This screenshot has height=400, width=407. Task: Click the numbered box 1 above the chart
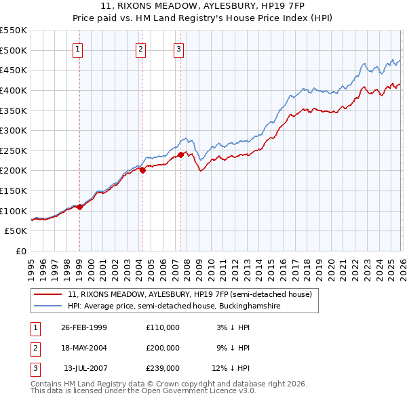click(78, 49)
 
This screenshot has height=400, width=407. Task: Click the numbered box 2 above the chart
click(140, 49)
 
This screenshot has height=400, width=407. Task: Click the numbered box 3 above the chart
click(178, 49)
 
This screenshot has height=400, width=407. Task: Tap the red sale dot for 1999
click(79, 207)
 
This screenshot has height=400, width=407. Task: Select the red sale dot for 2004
click(142, 171)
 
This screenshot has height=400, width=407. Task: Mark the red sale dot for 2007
click(180, 155)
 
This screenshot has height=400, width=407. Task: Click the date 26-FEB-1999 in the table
click(83, 327)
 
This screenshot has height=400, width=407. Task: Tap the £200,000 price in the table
click(163, 348)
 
